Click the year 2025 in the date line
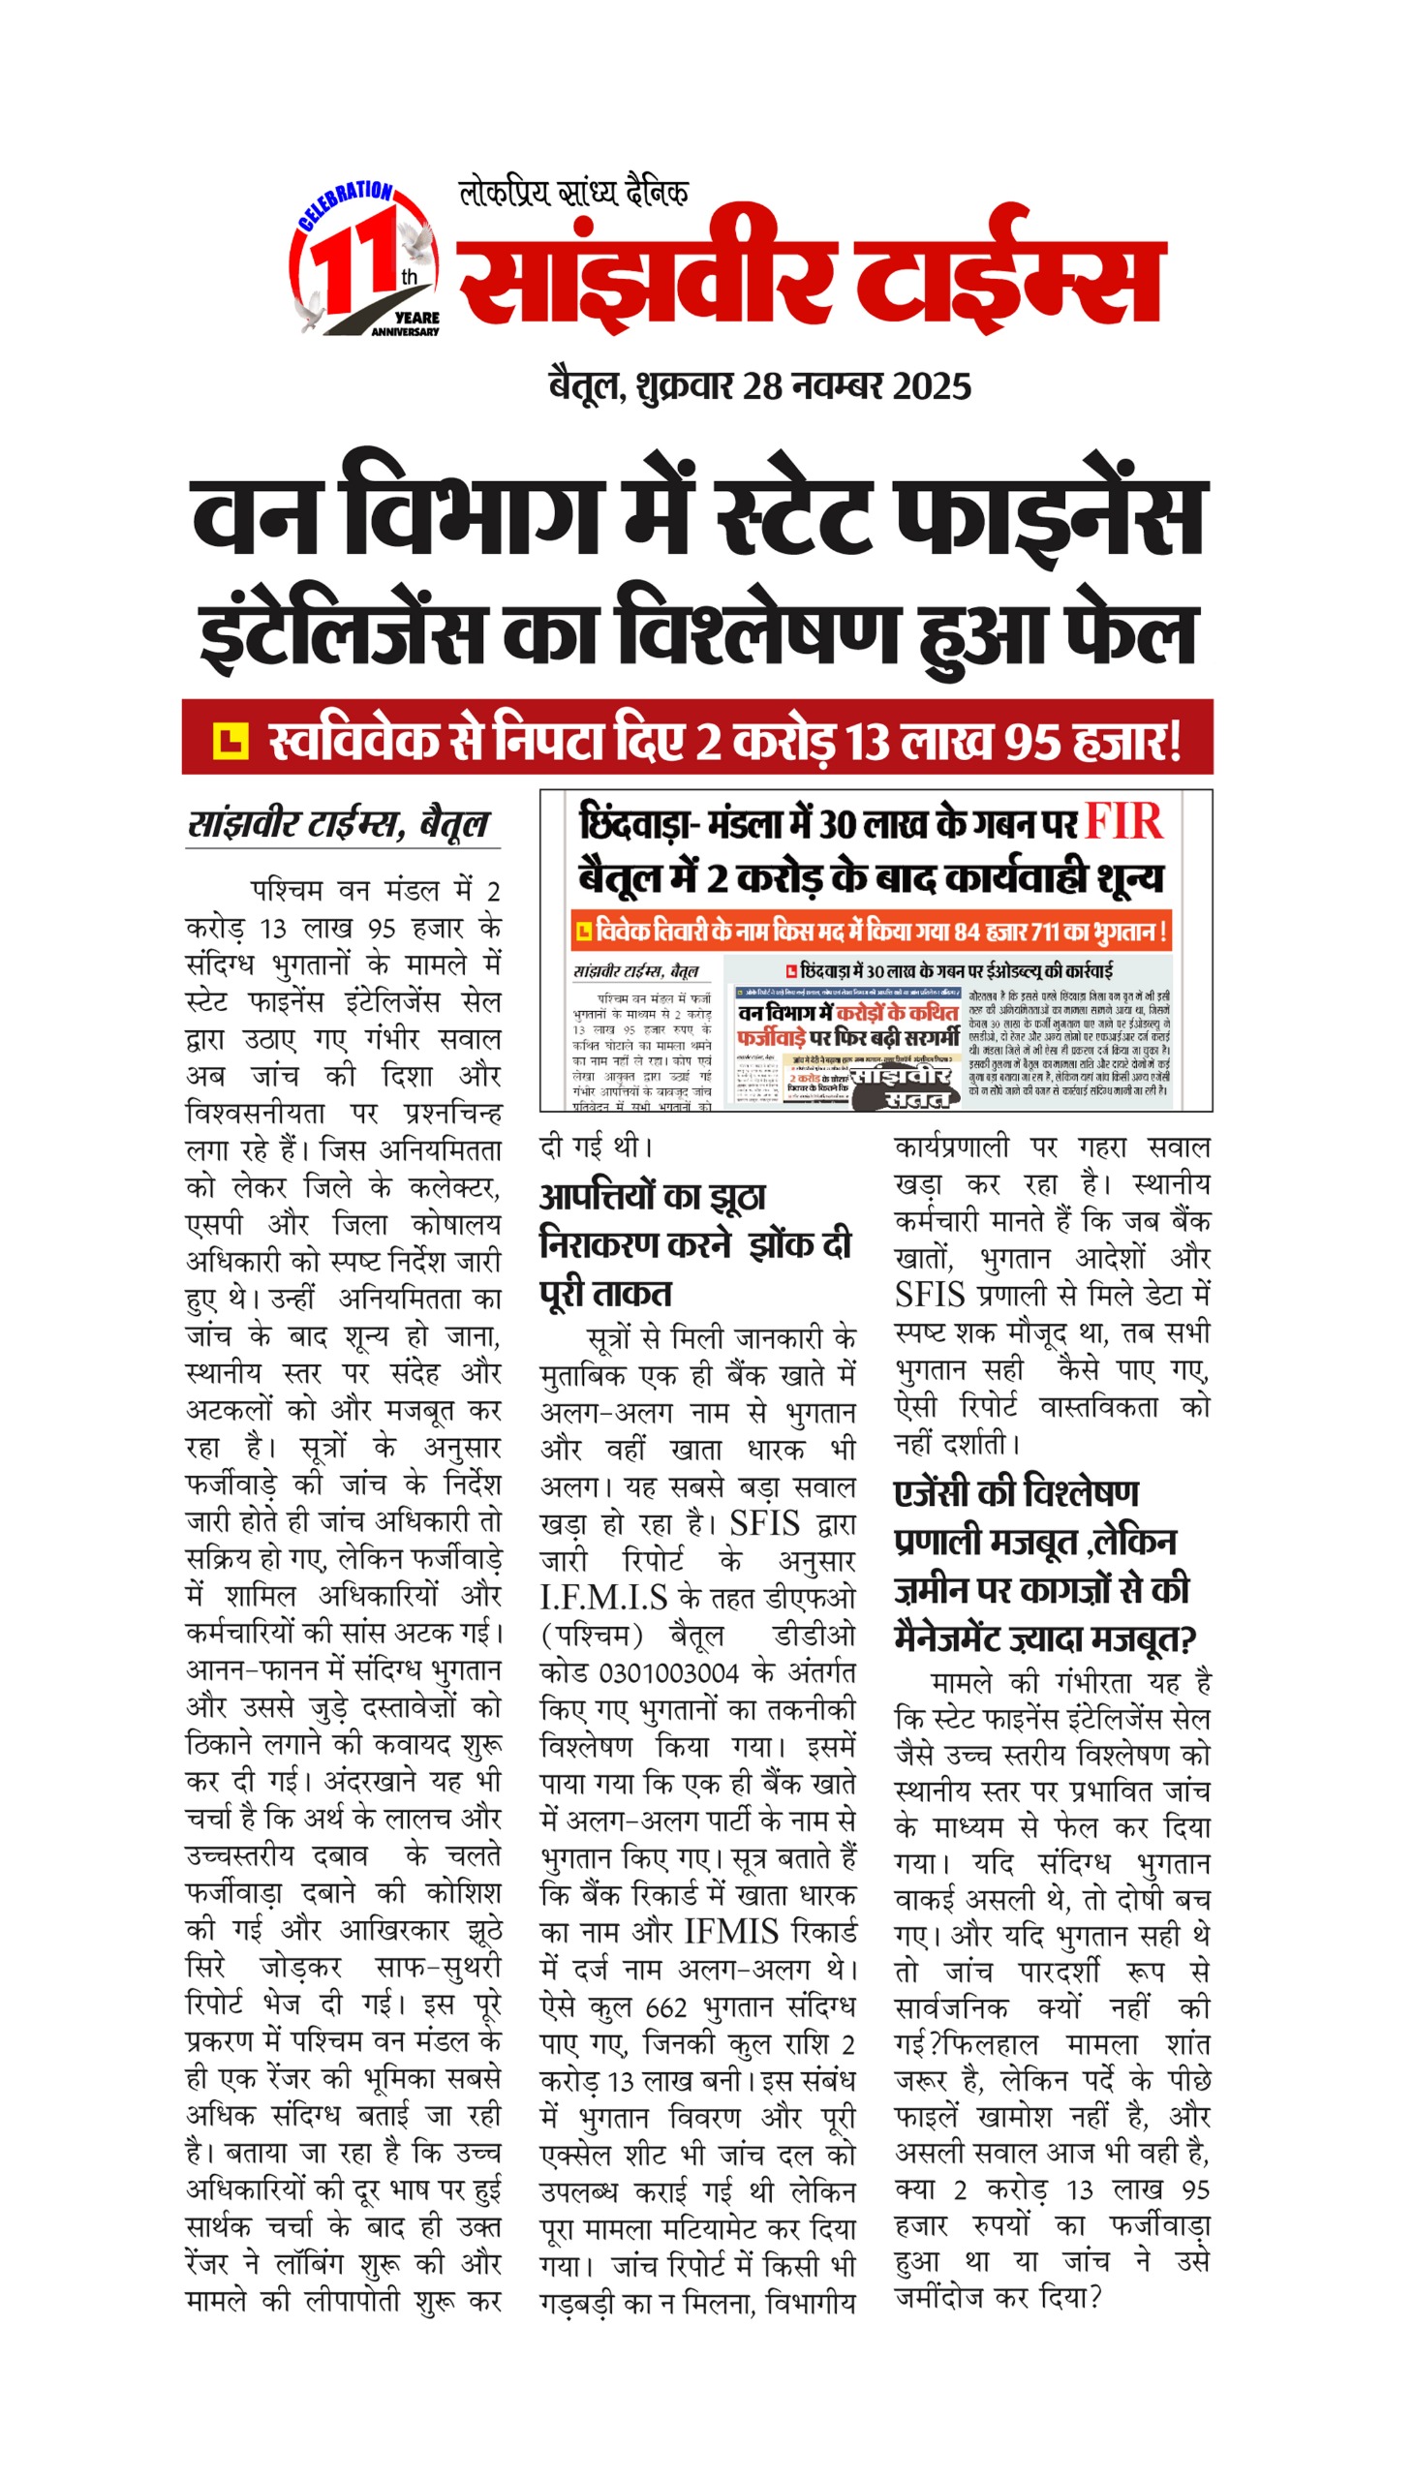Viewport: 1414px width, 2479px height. coord(932,386)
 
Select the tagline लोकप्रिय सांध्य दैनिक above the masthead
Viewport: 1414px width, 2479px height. coord(574,193)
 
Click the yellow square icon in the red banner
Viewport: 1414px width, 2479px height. coord(231,741)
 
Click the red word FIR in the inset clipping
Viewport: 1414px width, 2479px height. coord(1122,821)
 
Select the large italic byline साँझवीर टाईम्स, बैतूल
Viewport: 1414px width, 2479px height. coord(338,823)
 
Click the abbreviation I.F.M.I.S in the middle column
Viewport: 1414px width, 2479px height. coord(603,1599)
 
